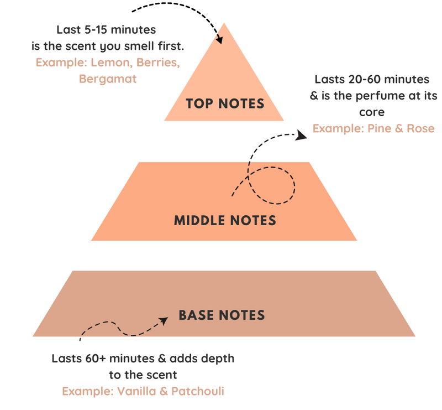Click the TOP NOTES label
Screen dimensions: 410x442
[x=224, y=103]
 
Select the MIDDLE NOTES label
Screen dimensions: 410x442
[x=225, y=220]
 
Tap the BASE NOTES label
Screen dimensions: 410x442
[x=222, y=315]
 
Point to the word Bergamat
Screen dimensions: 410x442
[x=108, y=79]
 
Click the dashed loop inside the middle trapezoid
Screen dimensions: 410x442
[x=271, y=185]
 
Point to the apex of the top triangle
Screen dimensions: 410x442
[x=224, y=24]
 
